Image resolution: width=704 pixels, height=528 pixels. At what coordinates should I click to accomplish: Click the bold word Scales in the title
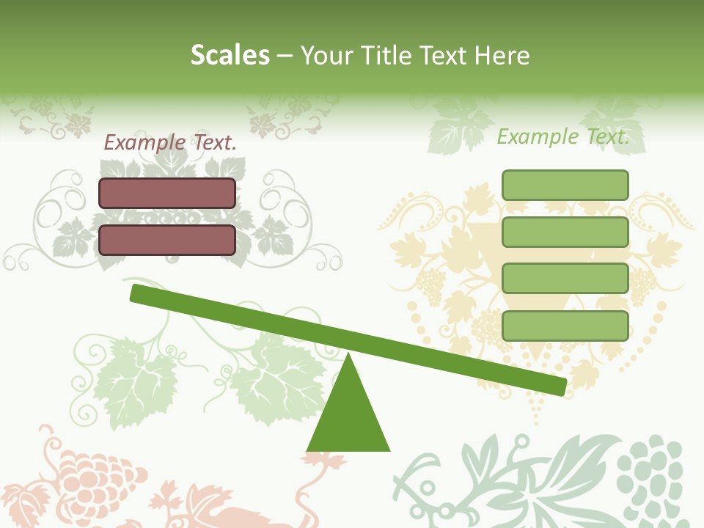coord(230,55)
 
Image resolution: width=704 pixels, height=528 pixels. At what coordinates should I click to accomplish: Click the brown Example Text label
coord(170,143)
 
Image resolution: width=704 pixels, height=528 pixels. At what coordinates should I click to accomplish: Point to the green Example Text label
coord(563,136)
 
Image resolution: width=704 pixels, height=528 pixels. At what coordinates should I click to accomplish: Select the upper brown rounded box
coord(167,193)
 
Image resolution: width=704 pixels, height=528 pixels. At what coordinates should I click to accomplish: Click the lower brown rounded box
coord(167,240)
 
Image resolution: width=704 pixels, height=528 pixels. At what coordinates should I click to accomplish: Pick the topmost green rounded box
coord(565,185)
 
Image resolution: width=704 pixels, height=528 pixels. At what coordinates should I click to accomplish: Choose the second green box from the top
coord(565,232)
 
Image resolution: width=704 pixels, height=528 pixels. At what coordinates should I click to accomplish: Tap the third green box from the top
coord(565,279)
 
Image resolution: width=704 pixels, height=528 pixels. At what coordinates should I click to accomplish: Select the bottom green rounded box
coord(565,326)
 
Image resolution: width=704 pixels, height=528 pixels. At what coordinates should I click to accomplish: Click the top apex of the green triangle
coord(348,357)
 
